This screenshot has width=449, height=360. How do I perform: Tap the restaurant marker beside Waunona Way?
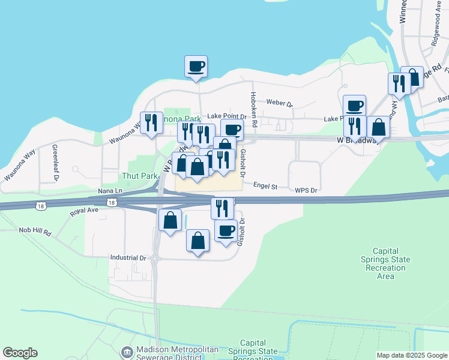(x=151, y=122)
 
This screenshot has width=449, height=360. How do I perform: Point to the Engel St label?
(x=265, y=187)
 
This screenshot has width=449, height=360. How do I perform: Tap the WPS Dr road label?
(x=306, y=190)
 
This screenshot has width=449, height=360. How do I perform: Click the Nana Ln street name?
(x=110, y=190)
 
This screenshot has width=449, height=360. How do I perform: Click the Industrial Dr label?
(x=128, y=257)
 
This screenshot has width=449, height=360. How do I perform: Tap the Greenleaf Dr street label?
(x=55, y=162)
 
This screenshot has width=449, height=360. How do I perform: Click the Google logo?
(x=20, y=353)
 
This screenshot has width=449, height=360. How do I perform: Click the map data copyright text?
(x=412, y=355)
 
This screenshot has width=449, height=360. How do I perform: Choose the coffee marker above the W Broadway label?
(x=354, y=105)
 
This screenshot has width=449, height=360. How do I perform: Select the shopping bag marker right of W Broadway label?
(x=378, y=127)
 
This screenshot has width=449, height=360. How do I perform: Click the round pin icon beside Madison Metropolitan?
(x=127, y=351)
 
